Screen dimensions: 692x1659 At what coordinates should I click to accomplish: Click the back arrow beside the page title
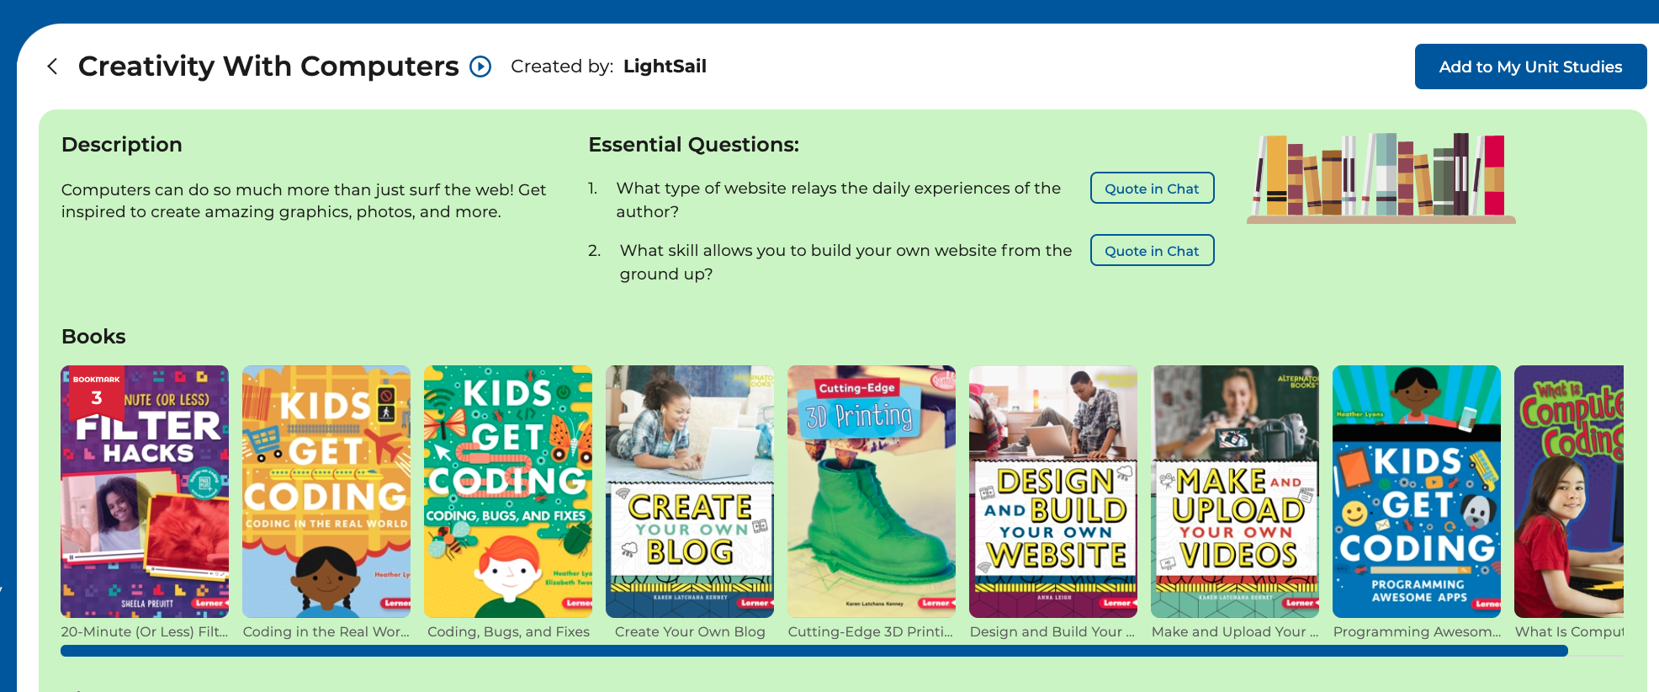click(x=52, y=67)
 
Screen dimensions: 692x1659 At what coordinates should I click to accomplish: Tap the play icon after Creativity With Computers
click(x=480, y=67)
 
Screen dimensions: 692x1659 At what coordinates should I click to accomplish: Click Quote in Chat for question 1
click(x=1152, y=189)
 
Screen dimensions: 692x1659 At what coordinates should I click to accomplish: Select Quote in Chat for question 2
click(x=1152, y=251)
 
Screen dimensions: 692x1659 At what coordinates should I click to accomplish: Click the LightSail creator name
click(x=665, y=67)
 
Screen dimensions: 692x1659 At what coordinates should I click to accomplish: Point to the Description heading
click(x=122, y=145)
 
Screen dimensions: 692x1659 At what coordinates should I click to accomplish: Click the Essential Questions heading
click(x=693, y=145)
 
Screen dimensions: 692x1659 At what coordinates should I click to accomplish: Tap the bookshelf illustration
click(x=1381, y=178)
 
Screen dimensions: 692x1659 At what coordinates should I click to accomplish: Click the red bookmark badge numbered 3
click(x=96, y=391)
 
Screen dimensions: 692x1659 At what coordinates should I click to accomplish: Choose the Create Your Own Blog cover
click(x=690, y=492)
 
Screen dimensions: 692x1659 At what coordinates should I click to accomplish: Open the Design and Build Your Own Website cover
click(x=1053, y=492)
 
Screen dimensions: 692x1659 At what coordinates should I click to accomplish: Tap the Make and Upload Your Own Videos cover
click(x=1235, y=492)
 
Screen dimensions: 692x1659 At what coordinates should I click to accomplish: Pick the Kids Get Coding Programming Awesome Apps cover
click(x=1417, y=492)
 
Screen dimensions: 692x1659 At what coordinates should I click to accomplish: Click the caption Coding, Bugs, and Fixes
click(x=508, y=631)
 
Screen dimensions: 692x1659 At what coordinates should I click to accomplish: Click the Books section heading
click(x=93, y=337)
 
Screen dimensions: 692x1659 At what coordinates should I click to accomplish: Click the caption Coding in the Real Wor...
click(x=326, y=631)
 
